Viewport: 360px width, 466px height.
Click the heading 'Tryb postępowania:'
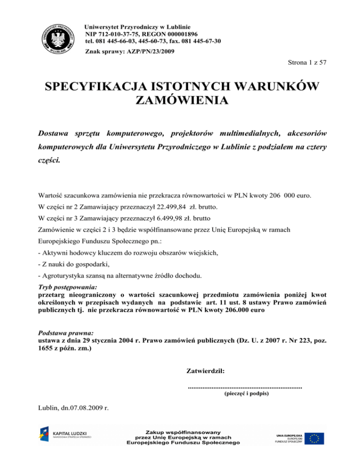coord(64,287)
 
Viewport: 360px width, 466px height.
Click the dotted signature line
coord(244,387)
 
